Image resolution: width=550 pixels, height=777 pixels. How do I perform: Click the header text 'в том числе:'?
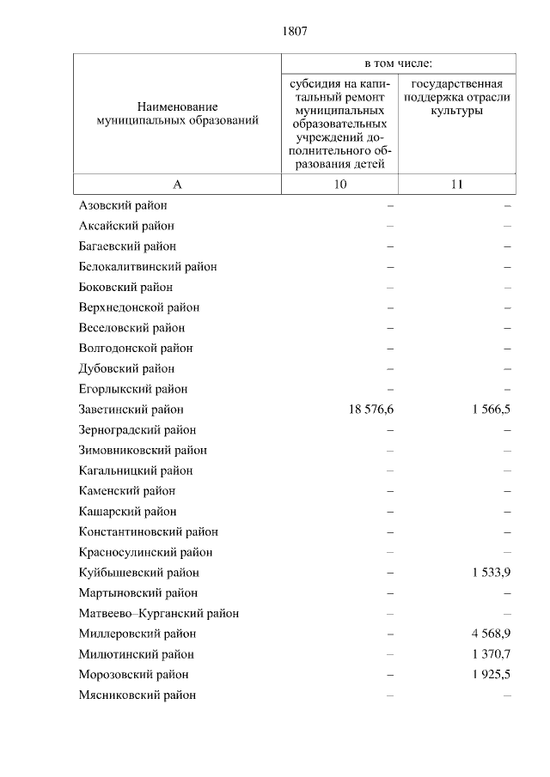[x=398, y=64]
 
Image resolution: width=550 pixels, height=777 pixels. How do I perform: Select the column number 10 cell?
[x=340, y=185]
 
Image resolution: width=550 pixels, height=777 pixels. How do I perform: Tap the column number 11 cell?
[x=456, y=185]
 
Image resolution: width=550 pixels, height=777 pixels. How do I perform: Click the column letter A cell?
[x=177, y=185]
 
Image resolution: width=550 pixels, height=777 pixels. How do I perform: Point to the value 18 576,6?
[x=371, y=410]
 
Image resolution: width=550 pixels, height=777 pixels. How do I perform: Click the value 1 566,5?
[x=491, y=410]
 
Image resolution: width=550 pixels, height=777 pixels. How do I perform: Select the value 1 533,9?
[x=491, y=573]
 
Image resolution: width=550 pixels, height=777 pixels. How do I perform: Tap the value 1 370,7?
[x=491, y=654]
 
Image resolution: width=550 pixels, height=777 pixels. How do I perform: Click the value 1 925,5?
[x=491, y=675]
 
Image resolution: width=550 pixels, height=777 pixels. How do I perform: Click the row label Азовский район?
[x=122, y=205]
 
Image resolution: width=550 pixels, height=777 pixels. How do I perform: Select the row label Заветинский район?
[x=131, y=410]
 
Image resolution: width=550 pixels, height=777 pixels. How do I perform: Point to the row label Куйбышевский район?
[x=138, y=573]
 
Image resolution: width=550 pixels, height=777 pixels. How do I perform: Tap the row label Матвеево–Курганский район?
[x=158, y=613]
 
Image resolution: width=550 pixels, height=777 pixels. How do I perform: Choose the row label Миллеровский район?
[x=137, y=634]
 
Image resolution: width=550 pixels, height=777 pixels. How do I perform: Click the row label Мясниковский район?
[x=137, y=695]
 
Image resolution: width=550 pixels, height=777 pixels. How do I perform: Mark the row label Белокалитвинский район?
[x=147, y=266]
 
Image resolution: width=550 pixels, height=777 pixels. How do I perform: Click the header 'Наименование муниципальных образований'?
[x=177, y=113]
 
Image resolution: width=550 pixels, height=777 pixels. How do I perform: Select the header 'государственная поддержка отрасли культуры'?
[x=456, y=98]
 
